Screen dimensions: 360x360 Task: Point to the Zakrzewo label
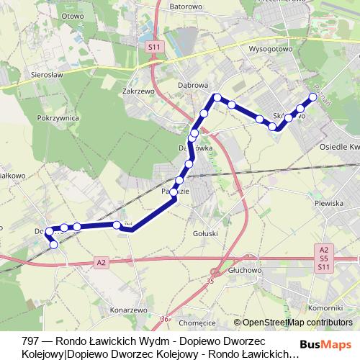pos(139,91)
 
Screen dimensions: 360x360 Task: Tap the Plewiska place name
pos(328,204)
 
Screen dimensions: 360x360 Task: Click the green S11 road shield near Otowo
pos(153,46)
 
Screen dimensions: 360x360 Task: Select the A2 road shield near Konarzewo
pos(100,264)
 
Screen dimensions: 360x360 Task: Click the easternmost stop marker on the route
pos(313,96)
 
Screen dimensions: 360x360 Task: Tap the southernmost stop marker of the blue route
pos(53,245)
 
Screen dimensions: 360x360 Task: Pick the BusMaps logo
pos(330,343)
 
